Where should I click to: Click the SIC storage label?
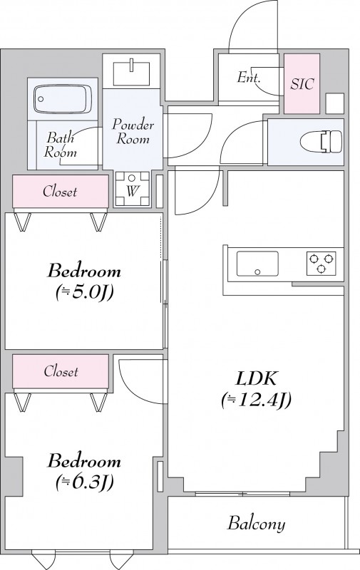tap(302, 84)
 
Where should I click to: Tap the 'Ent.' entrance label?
tap(249, 78)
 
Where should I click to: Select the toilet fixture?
tap(321, 141)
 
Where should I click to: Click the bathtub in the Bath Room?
tap(62, 99)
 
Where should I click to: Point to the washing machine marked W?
tap(132, 189)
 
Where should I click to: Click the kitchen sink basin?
tap(257, 264)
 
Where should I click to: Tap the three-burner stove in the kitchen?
tap(321, 263)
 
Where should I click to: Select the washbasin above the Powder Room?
tap(131, 73)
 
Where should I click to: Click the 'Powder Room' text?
tap(133, 131)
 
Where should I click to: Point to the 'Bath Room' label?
tap(61, 145)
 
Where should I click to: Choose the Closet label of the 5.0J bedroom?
tap(60, 191)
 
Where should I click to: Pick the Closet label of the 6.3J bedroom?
tap(61, 371)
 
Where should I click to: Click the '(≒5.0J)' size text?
tap(84, 291)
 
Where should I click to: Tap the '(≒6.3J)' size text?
tap(84, 482)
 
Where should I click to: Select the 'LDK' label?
tap(257, 378)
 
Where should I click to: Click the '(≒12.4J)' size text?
tap(257, 400)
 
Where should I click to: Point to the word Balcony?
tap(257, 524)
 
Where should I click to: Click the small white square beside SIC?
tap(334, 103)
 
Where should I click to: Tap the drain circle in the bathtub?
tap(41, 99)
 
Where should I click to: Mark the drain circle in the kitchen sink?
tap(257, 271)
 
